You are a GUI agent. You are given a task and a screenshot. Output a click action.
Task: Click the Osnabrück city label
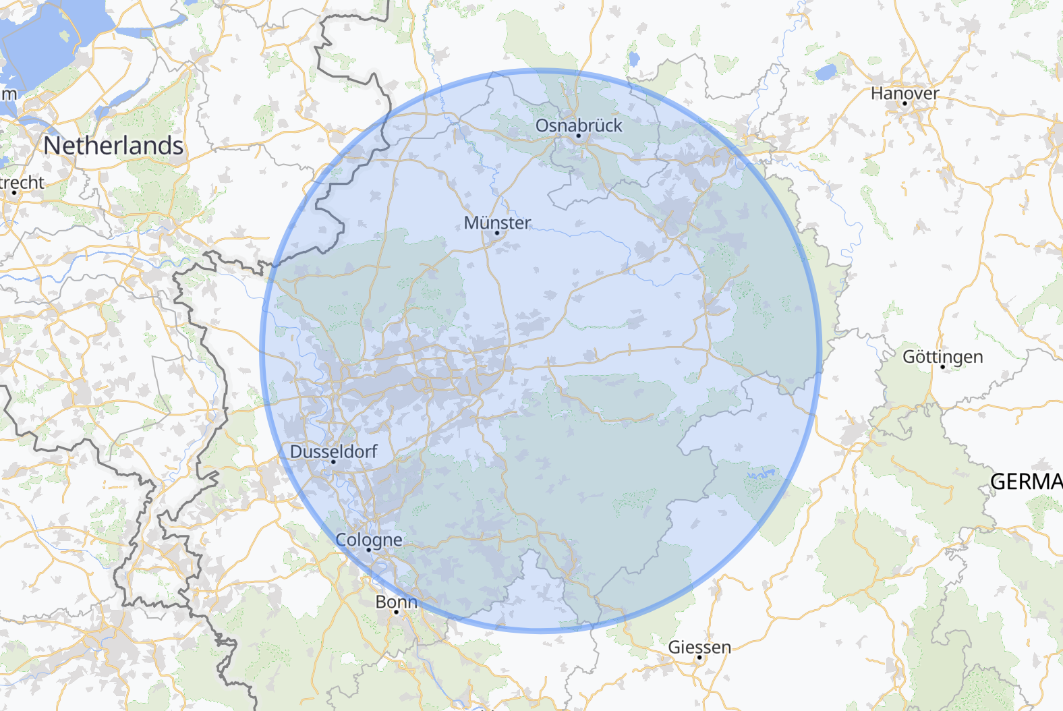point(579,125)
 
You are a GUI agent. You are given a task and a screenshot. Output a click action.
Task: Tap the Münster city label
point(497,223)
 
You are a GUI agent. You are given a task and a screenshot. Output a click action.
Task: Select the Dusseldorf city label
point(333,451)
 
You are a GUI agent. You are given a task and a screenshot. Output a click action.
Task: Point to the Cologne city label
point(368,540)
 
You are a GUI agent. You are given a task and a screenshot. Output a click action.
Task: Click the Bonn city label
point(396,602)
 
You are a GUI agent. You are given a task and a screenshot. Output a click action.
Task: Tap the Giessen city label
point(699,648)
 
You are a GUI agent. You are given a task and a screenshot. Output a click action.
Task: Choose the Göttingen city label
point(942,357)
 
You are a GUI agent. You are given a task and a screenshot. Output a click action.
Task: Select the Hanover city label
point(904,93)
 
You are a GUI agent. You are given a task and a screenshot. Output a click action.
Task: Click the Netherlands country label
point(113,146)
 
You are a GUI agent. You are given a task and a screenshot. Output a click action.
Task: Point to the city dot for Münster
point(497,233)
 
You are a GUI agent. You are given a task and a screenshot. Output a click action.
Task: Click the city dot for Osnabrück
point(578,136)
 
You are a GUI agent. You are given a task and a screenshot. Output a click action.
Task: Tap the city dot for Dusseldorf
point(333,462)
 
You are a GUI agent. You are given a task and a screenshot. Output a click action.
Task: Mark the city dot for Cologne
point(368,550)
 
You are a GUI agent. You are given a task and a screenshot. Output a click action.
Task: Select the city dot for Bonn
point(396,612)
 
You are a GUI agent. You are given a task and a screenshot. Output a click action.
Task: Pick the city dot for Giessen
point(699,658)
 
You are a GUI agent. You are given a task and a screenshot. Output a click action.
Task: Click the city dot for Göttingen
point(942,367)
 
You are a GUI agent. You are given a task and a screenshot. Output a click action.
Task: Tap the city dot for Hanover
point(904,104)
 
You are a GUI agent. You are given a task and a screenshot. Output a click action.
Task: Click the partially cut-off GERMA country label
point(1026,482)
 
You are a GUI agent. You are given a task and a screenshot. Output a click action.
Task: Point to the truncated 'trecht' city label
point(22,183)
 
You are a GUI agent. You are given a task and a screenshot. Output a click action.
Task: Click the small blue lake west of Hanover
point(825,72)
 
